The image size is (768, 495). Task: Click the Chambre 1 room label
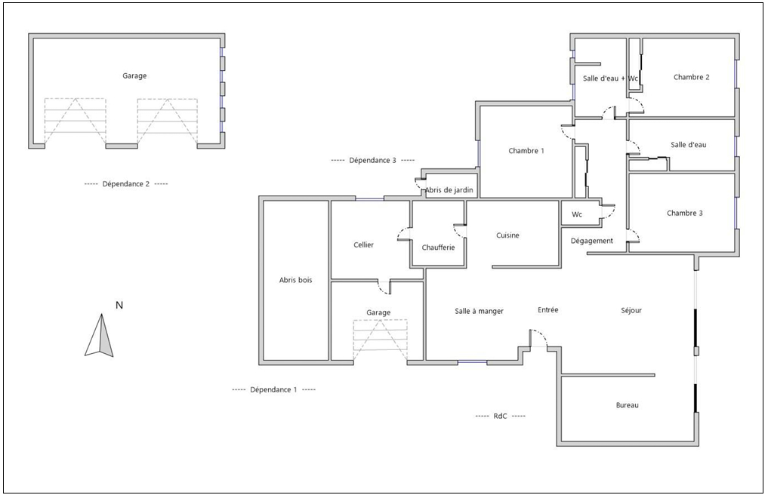(x=526, y=151)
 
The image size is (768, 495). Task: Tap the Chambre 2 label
(x=691, y=77)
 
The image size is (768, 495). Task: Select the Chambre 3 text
(x=685, y=213)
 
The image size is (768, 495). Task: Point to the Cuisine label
(x=507, y=235)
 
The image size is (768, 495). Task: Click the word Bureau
(x=627, y=405)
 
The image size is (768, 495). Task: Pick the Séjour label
(x=631, y=310)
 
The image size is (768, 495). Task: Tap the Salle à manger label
(x=479, y=311)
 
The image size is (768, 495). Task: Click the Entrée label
(x=547, y=310)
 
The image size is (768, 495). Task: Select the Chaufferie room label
(x=438, y=247)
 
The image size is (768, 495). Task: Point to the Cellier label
(x=363, y=244)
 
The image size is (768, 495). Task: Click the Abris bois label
(x=295, y=280)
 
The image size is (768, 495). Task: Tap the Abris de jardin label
(x=449, y=190)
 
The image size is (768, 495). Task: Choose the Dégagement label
(x=592, y=241)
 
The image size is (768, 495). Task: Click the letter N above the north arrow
(x=119, y=305)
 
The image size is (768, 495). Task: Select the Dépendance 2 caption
(x=126, y=184)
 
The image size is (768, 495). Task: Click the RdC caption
(x=500, y=417)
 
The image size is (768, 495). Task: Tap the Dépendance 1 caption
(x=273, y=389)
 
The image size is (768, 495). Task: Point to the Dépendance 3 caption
(x=373, y=160)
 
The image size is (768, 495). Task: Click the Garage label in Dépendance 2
(x=134, y=76)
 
